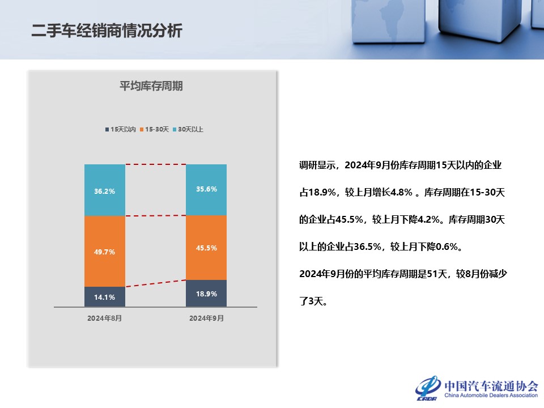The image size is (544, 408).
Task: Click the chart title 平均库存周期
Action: (x=151, y=86)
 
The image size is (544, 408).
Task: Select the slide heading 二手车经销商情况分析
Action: (x=107, y=31)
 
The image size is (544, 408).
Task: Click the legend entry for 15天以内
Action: (x=120, y=129)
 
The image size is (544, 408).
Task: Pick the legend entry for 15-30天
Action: (x=154, y=129)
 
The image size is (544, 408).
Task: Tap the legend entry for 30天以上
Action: (x=188, y=129)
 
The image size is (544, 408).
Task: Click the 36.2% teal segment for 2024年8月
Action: (x=105, y=190)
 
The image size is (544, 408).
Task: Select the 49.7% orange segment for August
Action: (x=105, y=252)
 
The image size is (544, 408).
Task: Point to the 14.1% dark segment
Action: (x=105, y=297)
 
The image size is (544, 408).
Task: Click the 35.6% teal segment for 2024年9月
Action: (x=206, y=190)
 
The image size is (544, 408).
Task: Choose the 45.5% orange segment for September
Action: (x=206, y=248)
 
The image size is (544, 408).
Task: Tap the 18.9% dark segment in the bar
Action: (x=206, y=294)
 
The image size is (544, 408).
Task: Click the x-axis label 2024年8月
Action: (x=104, y=318)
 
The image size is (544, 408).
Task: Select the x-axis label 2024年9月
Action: (x=206, y=318)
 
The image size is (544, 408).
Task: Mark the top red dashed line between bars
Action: (x=156, y=164)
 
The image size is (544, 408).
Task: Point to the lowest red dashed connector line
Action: (x=156, y=283)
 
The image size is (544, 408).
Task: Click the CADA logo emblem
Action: (x=428, y=388)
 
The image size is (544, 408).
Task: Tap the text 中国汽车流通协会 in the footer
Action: (x=491, y=386)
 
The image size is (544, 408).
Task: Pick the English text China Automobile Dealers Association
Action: (x=491, y=395)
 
